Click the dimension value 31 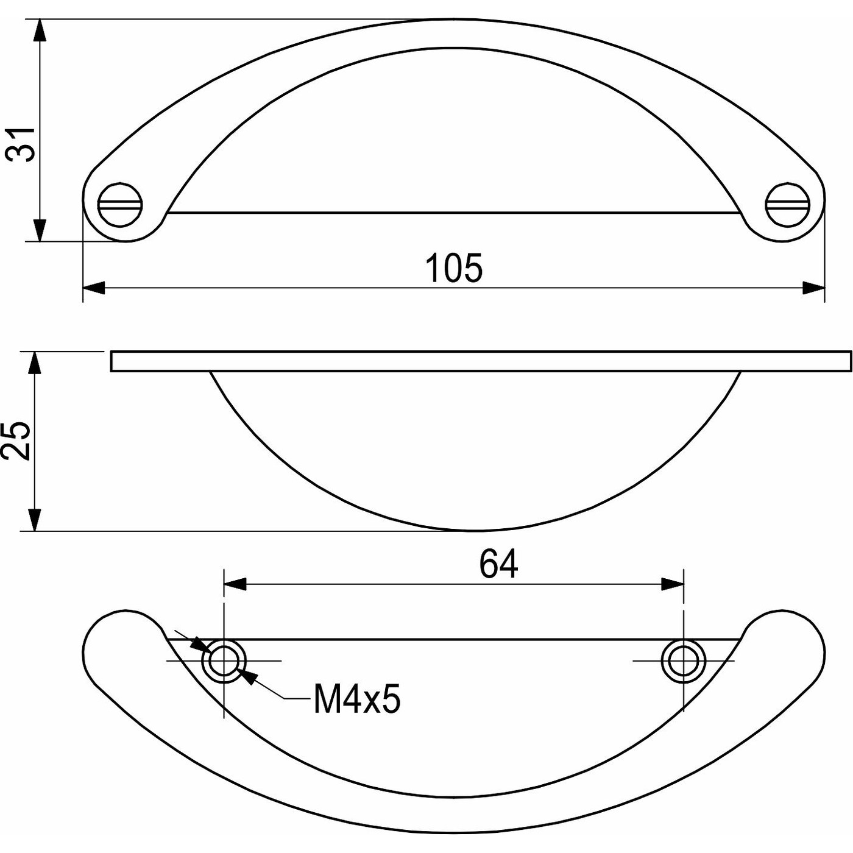(x=23, y=144)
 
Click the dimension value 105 (x=454, y=268)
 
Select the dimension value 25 (x=16, y=441)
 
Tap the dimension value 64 (x=498, y=564)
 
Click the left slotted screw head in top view (x=121, y=205)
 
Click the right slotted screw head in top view (x=787, y=205)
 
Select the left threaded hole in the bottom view (x=224, y=660)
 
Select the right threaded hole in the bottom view (x=684, y=660)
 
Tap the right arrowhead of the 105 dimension (x=814, y=288)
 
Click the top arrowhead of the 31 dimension (x=40, y=30)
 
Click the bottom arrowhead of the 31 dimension (x=40, y=230)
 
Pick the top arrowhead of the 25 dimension (x=35, y=363)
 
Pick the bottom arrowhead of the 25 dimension (x=35, y=520)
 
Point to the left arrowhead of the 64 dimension (x=235, y=584)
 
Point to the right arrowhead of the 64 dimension (x=673, y=584)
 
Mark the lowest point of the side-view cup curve (x=475, y=530)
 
